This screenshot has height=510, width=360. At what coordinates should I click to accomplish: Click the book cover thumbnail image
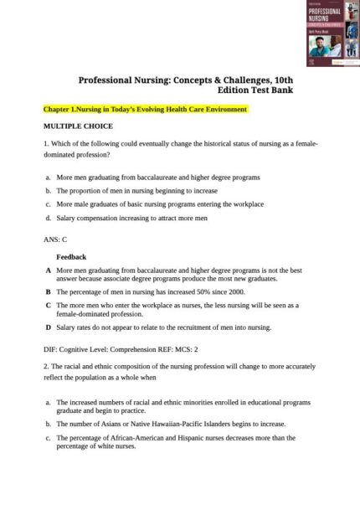click(332, 33)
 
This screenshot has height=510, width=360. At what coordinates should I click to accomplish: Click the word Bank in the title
click(280, 90)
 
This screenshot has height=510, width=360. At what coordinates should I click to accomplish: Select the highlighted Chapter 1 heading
click(145, 110)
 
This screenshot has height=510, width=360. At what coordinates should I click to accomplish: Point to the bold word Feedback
click(71, 257)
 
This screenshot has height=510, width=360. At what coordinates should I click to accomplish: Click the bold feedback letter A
click(48, 271)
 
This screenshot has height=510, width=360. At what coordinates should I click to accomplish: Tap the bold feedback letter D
click(48, 327)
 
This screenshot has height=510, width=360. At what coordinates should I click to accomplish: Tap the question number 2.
click(45, 367)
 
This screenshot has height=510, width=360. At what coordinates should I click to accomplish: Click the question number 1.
click(45, 144)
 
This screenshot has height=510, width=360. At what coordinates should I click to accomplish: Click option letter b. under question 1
click(49, 191)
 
